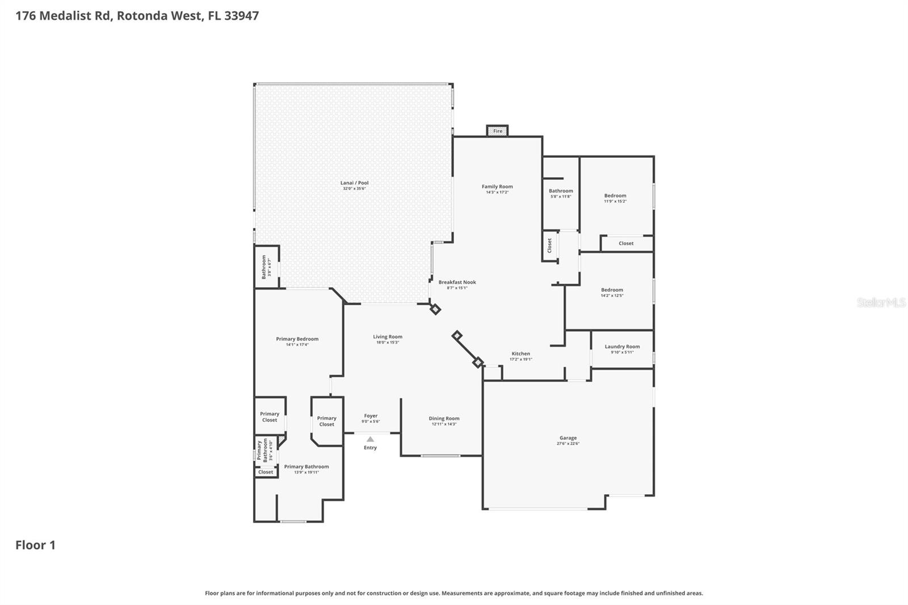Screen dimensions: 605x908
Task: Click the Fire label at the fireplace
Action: (497, 131)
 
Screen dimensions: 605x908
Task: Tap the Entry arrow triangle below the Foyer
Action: (370, 439)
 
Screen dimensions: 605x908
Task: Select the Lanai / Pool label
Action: (354, 183)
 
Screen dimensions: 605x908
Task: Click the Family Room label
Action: (497, 186)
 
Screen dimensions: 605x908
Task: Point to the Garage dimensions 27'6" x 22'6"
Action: (567, 444)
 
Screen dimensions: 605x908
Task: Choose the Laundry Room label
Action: (622, 346)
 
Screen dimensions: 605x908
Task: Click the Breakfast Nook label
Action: (457, 282)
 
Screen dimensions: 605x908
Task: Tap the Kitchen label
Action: (520, 354)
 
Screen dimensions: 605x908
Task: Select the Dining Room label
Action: (444, 418)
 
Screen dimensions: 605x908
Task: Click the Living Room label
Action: (388, 337)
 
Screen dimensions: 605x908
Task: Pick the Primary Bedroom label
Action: (297, 339)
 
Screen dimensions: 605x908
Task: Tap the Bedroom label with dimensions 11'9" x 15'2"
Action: (615, 195)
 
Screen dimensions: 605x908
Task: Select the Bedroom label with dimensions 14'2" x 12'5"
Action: (612, 289)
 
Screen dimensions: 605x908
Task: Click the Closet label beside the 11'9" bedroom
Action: (626, 243)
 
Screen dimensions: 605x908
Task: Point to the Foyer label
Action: (371, 415)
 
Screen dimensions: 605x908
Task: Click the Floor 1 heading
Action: (35, 545)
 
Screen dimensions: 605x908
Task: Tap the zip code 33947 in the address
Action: (241, 15)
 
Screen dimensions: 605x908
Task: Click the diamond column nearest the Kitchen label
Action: (478, 362)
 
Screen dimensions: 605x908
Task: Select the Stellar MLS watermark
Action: (881, 302)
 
